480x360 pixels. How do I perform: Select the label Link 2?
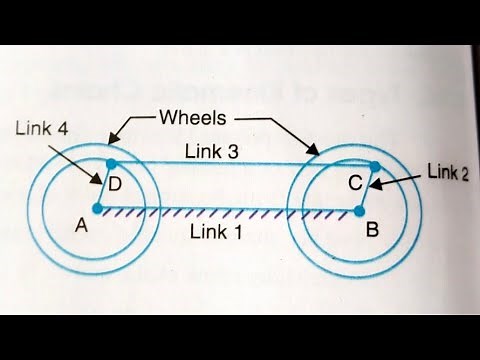pyautogui.click(x=447, y=171)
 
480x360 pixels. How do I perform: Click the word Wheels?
pyautogui.click(x=195, y=118)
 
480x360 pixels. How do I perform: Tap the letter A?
pyautogui.click(x=83, y=226)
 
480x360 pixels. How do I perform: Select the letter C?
pyautogui.click(x=353, y=184)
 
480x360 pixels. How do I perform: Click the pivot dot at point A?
pyautogui.click(x=97, y=209)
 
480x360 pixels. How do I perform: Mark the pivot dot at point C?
pyautogui.click(x=375, y=166)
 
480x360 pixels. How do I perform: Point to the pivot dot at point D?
pyautogui.click(x=111, y=162)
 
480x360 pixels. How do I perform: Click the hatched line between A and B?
pyautogui.click(x=230, y=210)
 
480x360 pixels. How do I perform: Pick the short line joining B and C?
pyautogui.click(x=368, y=188)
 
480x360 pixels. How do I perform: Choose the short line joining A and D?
pyautogui.click(x=104, y=186)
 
